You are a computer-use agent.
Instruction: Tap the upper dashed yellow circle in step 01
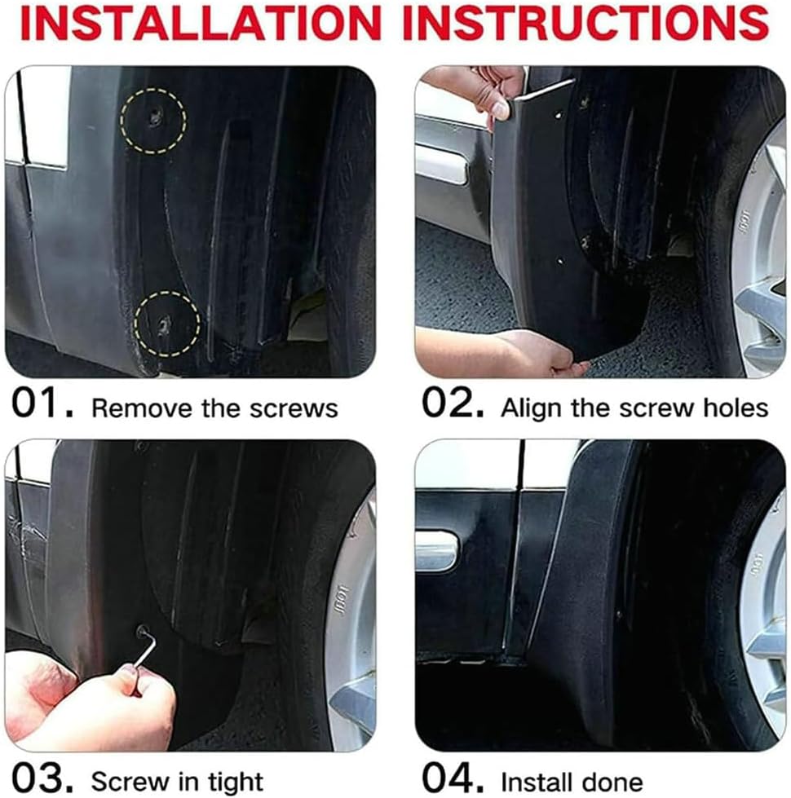[x=153, y=120]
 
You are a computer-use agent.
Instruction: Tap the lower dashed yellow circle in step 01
[x=167, y=324]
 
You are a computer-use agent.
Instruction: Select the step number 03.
[x=42, y=778]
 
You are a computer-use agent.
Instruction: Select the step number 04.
[x=453, y=778]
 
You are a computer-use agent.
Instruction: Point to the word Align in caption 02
[x=528, y=408]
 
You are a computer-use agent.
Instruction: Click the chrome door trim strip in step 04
[x=436, y=552]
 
